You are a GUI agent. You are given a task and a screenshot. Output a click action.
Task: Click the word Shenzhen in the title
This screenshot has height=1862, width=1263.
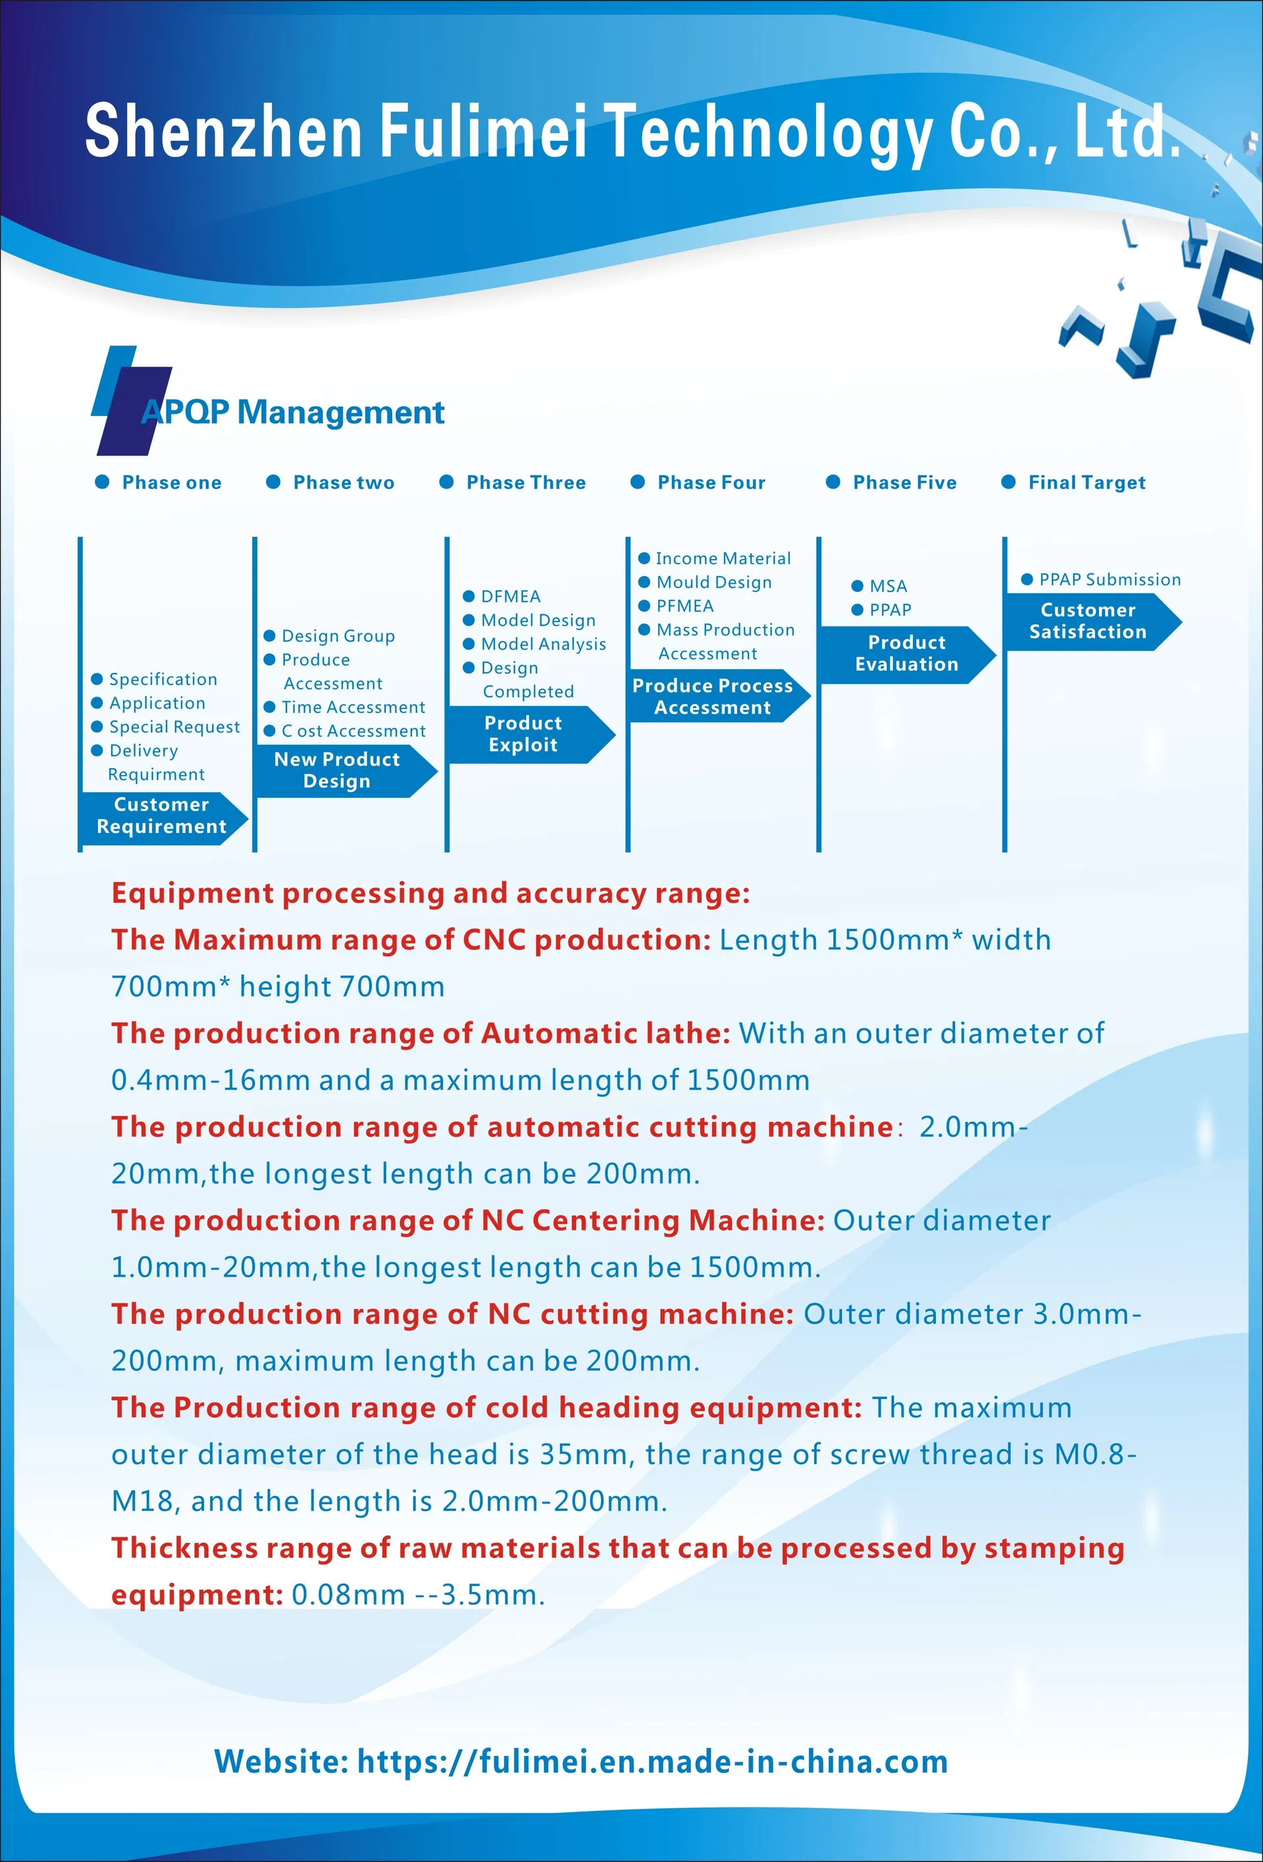point(224,130)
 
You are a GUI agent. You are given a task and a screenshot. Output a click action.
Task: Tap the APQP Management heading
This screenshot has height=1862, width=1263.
point(293,412)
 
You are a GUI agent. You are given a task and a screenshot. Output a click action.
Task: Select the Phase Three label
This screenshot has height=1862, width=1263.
point(525,483)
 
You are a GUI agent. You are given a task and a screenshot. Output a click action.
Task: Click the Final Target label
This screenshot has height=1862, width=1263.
point(1086,483)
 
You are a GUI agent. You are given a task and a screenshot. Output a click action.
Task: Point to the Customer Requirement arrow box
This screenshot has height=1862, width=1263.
point(162,816)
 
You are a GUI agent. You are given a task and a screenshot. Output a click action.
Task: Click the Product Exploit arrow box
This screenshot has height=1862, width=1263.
point(524,734)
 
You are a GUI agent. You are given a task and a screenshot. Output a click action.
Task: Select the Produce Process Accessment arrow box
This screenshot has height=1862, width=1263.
point(713,696)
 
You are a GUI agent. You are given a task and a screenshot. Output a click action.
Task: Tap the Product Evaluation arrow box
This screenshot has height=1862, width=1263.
point(906,653)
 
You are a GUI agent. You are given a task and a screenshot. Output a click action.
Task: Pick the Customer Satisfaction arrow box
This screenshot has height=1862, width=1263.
point(1088,621)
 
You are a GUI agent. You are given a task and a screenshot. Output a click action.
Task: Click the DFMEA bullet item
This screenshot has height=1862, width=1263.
point(510,596)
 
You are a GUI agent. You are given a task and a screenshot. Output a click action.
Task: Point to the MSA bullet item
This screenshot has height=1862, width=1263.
point(887,586)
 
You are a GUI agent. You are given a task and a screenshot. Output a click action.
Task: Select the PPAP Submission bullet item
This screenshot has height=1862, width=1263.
point(1109,579)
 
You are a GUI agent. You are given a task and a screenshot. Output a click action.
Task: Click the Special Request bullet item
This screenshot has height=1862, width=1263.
point(174,727)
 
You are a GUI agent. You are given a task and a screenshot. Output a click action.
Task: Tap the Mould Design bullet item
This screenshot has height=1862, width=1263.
point(713,583)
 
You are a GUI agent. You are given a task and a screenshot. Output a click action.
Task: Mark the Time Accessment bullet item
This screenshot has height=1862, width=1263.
point(352,707)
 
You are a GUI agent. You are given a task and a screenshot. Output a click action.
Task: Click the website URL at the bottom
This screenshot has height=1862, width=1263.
point(652,1761)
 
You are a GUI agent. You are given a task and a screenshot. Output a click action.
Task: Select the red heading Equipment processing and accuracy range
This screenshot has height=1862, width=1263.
point(430,893)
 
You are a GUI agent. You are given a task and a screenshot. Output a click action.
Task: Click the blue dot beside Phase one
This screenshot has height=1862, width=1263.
point(103,481)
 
